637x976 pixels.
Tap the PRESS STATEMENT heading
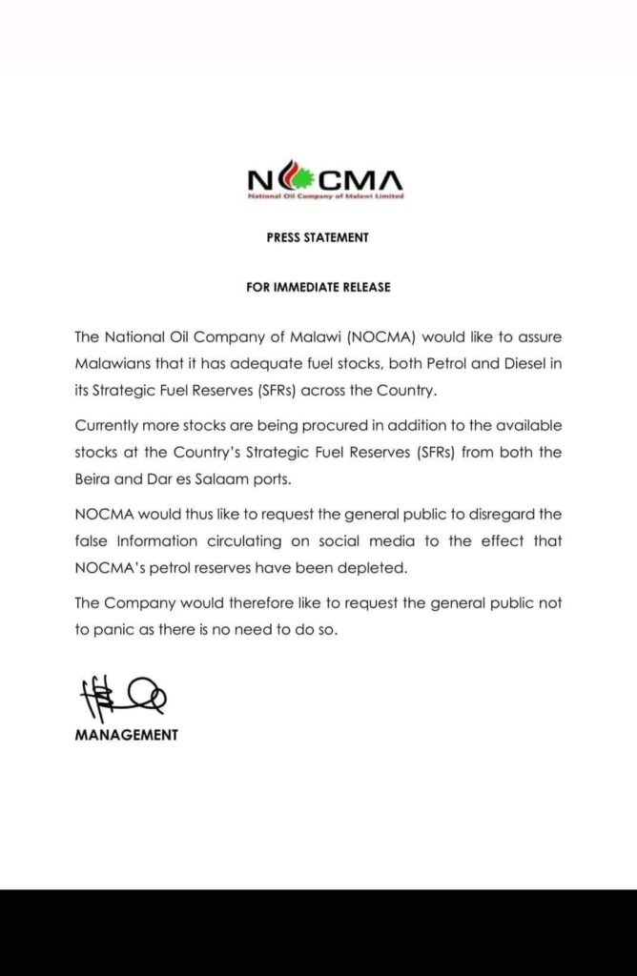coord(318,237)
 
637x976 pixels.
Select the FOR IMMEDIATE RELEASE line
coord(318,287)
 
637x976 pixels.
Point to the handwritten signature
coord(120,697)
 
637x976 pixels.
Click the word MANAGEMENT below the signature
coord(126,735)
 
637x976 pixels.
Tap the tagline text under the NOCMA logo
coord(324,197)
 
